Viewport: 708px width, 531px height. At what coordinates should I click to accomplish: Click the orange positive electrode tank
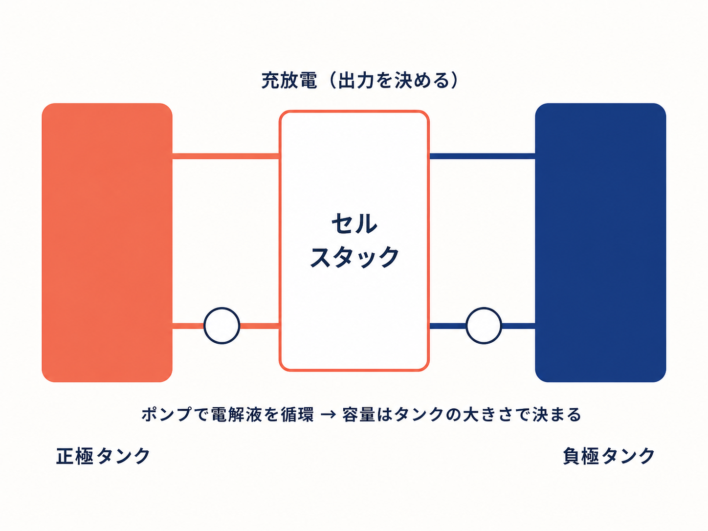coord(107,243)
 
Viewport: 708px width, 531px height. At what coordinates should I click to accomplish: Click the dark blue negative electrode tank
coord(600,243)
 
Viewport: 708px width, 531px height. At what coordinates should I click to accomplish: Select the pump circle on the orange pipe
coord(222,326)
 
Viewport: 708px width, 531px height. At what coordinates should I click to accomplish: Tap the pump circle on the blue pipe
coord(484,326)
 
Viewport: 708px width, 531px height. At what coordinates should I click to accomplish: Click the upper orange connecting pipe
coord(226,156)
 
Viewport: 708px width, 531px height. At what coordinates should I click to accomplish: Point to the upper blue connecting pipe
coord(482,156)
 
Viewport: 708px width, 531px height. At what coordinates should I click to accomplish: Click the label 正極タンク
coord(103,456)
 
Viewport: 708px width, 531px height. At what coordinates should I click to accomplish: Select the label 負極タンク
coord(609,456)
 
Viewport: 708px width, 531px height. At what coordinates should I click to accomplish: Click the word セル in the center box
coord(354,223)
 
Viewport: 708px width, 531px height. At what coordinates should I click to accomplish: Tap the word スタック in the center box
coord(354,257)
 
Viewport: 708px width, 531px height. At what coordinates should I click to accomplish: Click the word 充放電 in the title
coord(289,80)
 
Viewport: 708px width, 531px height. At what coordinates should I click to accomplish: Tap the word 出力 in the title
coord(353,80)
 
